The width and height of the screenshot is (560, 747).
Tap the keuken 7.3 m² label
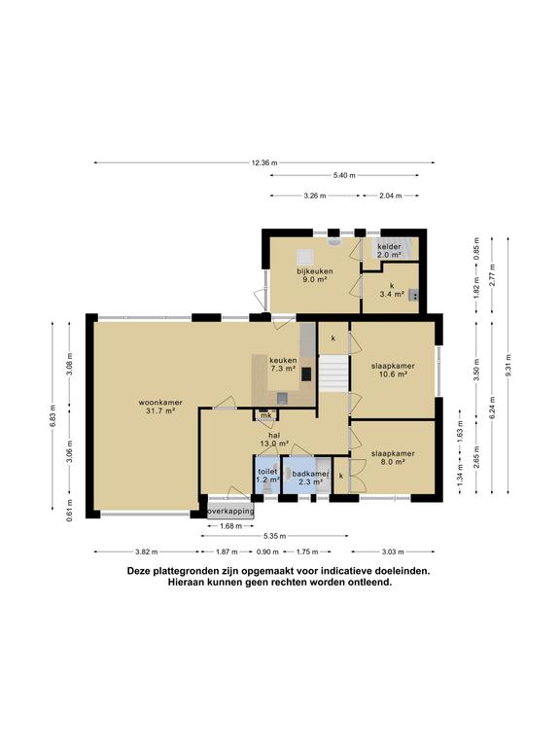[x=283, y=364]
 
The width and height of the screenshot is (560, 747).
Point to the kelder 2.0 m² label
[x=389, y=250]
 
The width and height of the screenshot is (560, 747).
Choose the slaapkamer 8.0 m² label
[x=393, y=458]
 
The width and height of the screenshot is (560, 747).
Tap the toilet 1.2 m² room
[x=267, y=476]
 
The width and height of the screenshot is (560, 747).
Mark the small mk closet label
[x=264, y=416]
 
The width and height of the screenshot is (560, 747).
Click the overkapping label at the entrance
[x=230, y=510]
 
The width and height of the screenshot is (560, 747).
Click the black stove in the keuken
[x=306, y=373]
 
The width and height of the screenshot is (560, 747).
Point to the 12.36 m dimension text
[x=263, y=162]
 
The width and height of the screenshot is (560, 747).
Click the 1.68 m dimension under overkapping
[x=229, y=526]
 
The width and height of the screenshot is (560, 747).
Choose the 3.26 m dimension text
[x=314, y=196]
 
